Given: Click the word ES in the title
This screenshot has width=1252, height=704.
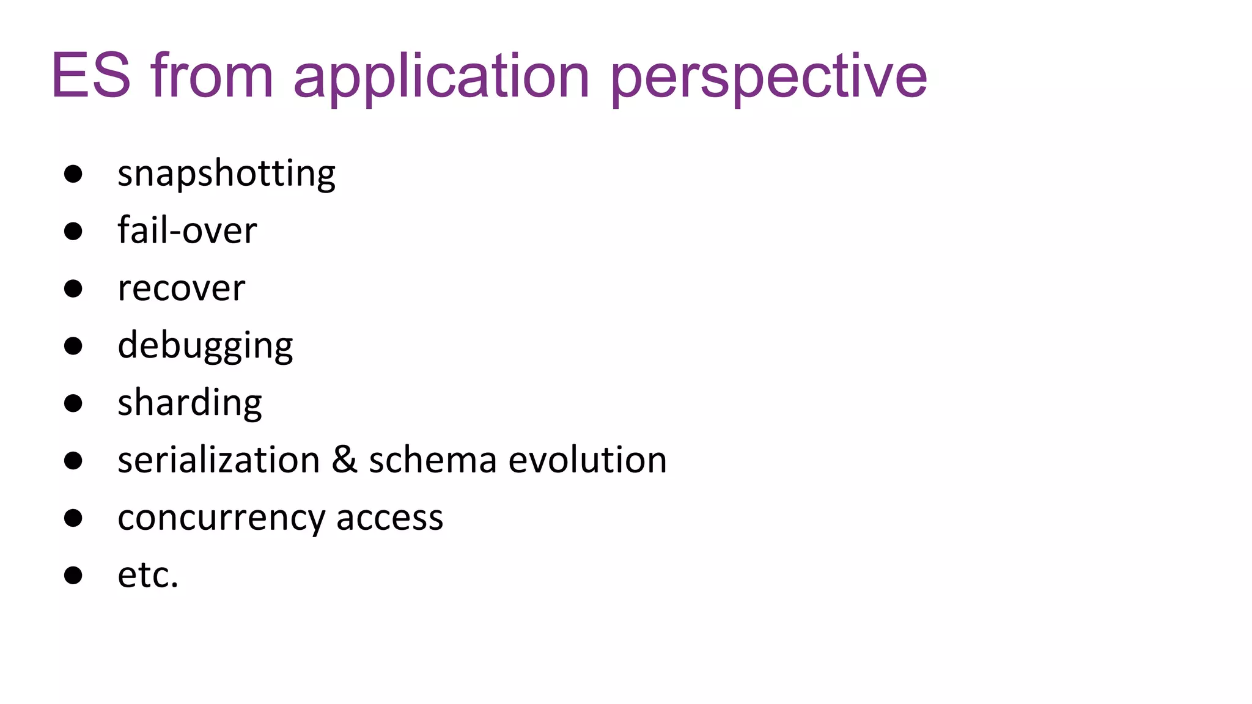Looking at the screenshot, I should (x=91, y=76).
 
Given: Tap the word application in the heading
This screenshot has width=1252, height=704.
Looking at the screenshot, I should (x=441, y=77).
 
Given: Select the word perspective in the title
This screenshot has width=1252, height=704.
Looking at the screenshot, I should (x=768, y=77).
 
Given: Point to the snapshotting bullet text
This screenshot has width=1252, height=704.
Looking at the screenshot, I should (x=226, y=174).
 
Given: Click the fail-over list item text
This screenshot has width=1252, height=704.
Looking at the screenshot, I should (x=187, y=231).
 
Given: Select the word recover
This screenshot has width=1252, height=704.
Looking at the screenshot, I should (x=182, y=288).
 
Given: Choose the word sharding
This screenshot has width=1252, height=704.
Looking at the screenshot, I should (x=190, y=403).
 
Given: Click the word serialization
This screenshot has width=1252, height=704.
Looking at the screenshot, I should (x=219, y=460).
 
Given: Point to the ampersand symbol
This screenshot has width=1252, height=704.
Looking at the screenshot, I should (x=344, y=460).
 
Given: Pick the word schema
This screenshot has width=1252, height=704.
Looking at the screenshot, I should (x=432, y=460).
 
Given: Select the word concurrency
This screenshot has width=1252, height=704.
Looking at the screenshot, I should (x=221, y=518).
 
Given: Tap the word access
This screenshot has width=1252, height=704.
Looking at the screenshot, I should (x=389, y=518).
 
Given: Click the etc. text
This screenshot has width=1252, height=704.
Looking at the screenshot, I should (x=148, y=575).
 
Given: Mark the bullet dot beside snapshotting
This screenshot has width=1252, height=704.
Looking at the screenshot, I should (x=73, y=174).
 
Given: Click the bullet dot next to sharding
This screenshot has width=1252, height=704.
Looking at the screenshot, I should (x=73, y=403).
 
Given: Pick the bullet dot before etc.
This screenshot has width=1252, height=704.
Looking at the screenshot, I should (x=73, y=575).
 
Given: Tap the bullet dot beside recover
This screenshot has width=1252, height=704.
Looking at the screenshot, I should (x=73, y=288).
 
